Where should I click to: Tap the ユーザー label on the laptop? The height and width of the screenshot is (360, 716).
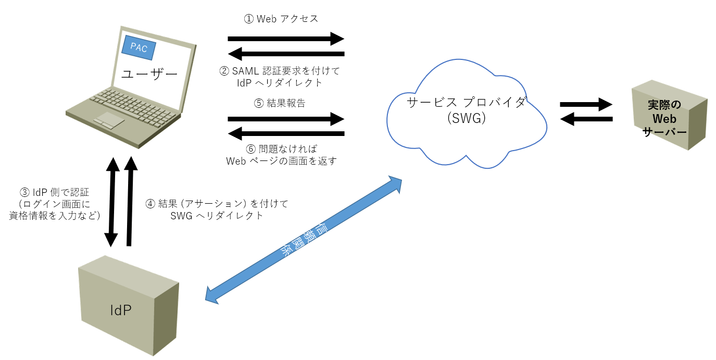pos(149,74)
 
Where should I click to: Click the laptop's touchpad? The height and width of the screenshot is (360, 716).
pos(109,120)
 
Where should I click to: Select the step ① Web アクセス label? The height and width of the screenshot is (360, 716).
pos(281,19)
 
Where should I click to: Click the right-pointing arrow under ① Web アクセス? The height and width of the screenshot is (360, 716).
pos(286,39)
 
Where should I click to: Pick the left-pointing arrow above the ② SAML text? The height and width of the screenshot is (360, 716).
pos(286,54)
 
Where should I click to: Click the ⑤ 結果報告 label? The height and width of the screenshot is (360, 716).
pos(280,103)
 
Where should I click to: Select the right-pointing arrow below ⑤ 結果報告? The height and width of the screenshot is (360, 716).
pos(286,119)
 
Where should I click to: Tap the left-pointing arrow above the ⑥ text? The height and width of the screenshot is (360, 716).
pos(286,134)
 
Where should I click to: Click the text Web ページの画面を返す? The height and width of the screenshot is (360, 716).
pos(282,161)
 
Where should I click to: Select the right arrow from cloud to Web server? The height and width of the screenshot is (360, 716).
pos(586,104)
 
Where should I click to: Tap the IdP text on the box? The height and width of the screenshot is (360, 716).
pos(121,311)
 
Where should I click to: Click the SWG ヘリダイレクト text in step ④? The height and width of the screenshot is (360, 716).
pos(217,215)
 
